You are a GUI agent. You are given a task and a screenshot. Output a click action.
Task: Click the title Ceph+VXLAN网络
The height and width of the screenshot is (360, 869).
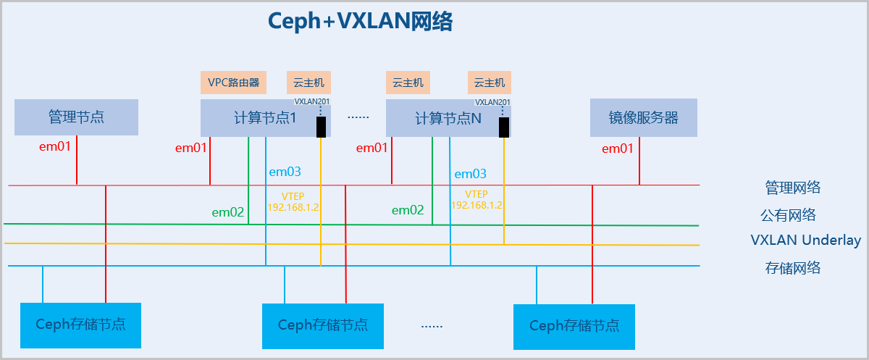pyautogui.click(x=360, y=22)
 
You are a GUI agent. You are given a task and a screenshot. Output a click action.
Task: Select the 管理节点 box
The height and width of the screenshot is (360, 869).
pyautogui.click(x=76, y=117)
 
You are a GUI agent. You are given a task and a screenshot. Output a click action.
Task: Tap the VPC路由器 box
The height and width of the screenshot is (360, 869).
pyautogui.click(x=233, y=83)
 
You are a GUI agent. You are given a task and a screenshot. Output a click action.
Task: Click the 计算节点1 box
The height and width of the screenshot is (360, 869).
pyautogui.click(x=265, y=118)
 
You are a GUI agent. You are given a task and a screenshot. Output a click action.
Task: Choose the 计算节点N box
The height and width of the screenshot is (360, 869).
pyautogui.click(x=448, y=118)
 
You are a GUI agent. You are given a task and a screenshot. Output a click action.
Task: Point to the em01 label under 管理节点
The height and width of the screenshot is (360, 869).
pyautogui.click(x=55, y=147)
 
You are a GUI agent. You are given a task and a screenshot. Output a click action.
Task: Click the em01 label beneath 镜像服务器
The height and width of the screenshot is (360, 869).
pyautogui.click(x=618, y=148)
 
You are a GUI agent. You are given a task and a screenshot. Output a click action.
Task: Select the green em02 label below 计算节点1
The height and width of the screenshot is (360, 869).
pyautogui.click(x=227, y=212)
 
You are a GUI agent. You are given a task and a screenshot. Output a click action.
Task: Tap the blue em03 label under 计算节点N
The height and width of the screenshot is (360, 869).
pyautogui.click(x=470, y=174)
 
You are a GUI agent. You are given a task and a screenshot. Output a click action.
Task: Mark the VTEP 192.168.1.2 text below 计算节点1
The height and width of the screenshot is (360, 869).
pyautogui.click(x=293, y=201)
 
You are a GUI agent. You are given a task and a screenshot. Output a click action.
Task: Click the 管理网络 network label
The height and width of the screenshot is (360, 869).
pyautogui.click(x=793, y=188)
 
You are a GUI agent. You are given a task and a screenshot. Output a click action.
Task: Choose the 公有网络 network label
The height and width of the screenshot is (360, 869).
pyautogui.click(x=788, y=215)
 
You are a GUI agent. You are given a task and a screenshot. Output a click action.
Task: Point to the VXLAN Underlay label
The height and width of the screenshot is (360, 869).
pyautogui.click(x=805, y=240)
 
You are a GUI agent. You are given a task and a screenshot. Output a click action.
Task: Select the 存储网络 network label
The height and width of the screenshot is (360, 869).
pyautogui.click(x=793, y=268)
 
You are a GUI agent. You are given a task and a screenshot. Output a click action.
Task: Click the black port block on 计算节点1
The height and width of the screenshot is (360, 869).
pyautogui.click(x=320, y=127)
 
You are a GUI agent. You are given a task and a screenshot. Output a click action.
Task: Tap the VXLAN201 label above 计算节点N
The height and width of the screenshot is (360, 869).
pyautogui.click(x=492, y=103)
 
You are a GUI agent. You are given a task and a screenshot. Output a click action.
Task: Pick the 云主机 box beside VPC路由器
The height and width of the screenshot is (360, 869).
pyautogui.click(x=309, y=83)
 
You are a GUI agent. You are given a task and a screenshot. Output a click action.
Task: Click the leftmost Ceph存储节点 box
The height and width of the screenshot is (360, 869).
pyautogui.click(x=80, y=325)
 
